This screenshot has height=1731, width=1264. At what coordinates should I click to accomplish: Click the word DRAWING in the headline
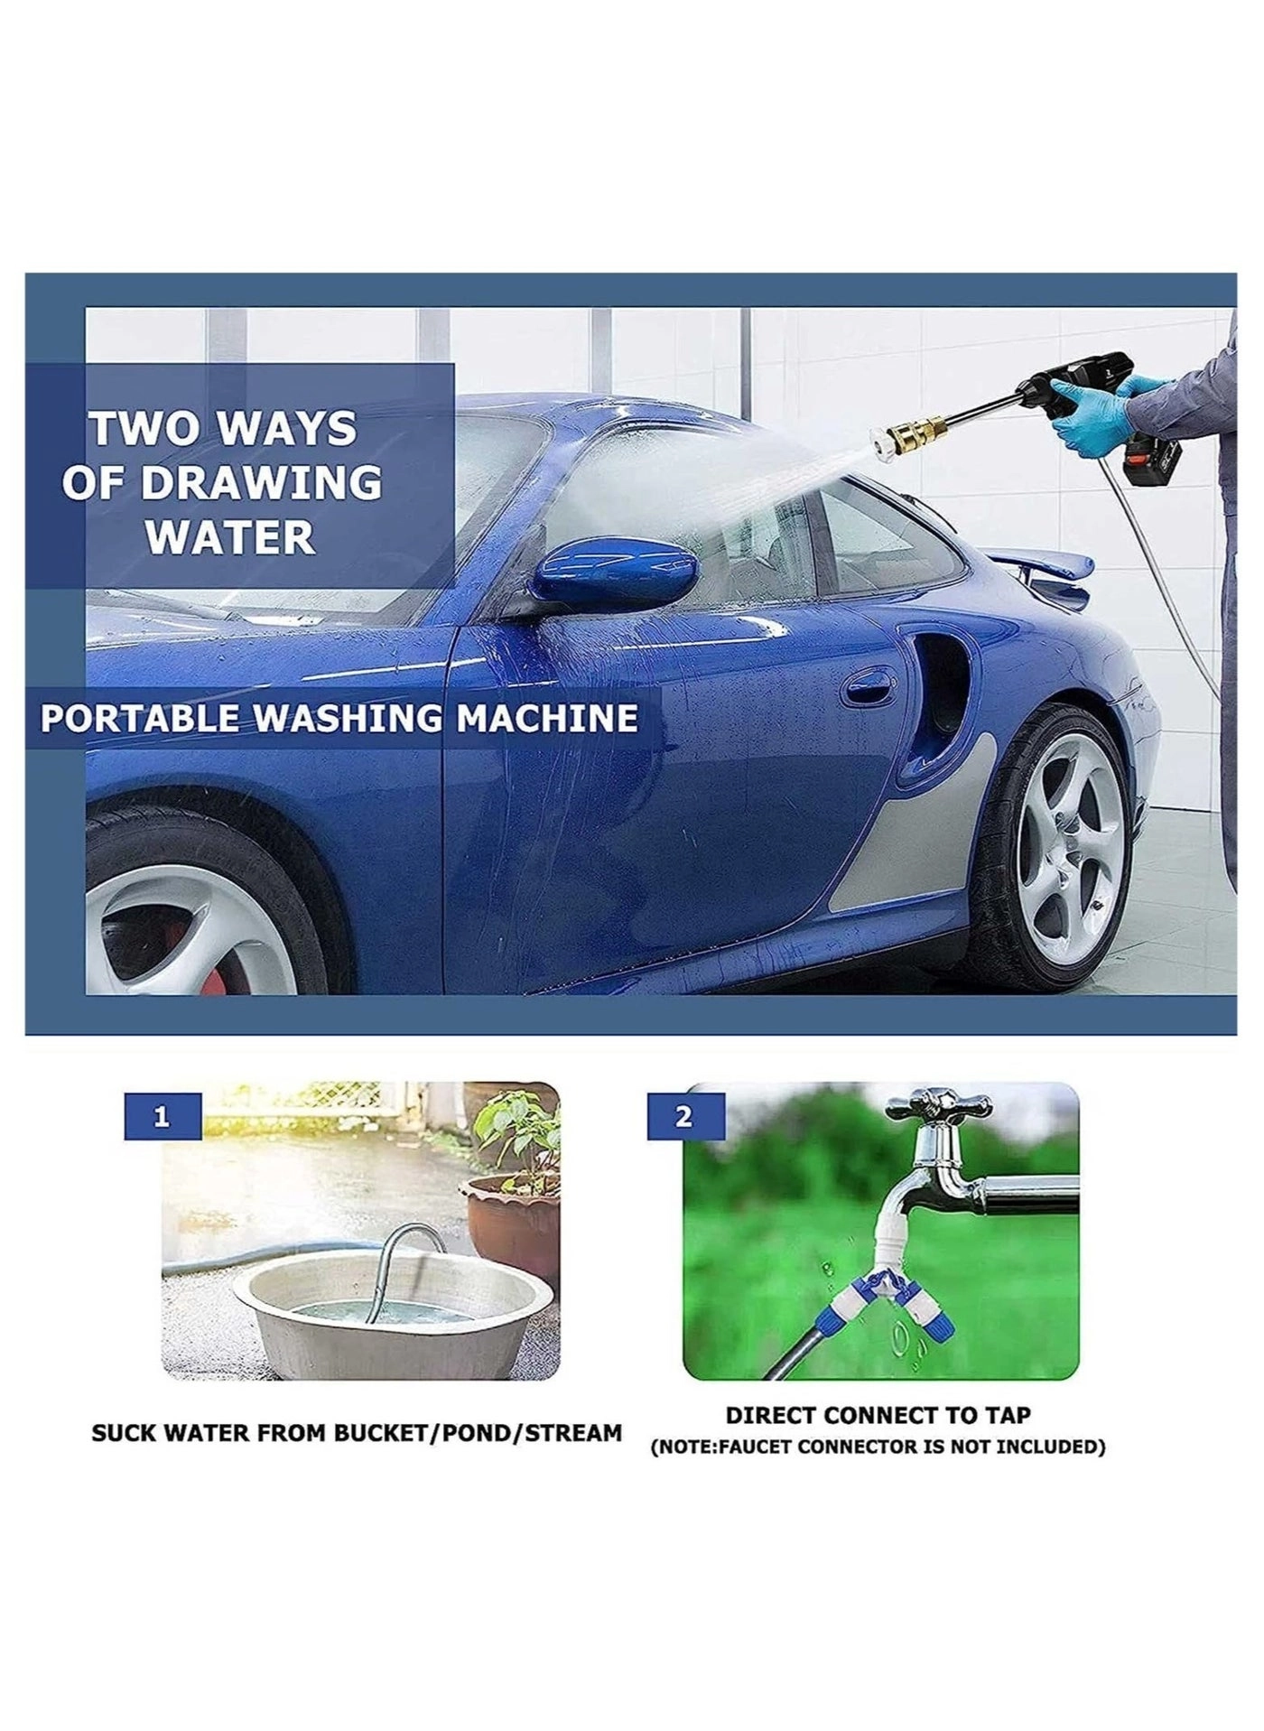click(261, 483)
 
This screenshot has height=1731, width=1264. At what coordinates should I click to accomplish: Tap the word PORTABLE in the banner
click(140, 719)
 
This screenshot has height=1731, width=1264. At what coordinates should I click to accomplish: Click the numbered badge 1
click(162, 1117)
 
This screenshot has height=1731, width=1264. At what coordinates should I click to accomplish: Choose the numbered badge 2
click(684, 1117)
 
